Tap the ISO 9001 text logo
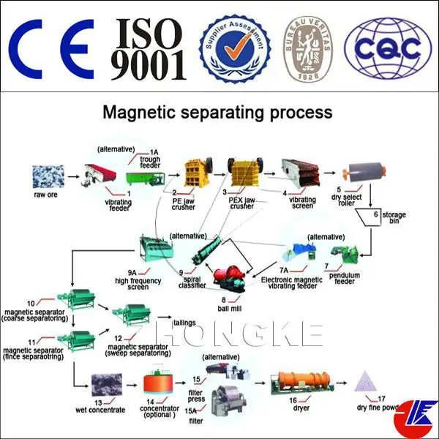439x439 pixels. click(x=147, y=46)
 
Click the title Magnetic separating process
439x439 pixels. click(x=217, y=113)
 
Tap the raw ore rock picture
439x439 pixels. click(x=48, y=176)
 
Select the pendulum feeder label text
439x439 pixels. click(x=336, y=277)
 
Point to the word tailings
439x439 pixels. click(x=184, y=322)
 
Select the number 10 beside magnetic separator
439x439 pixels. click(x=31, y=303)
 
